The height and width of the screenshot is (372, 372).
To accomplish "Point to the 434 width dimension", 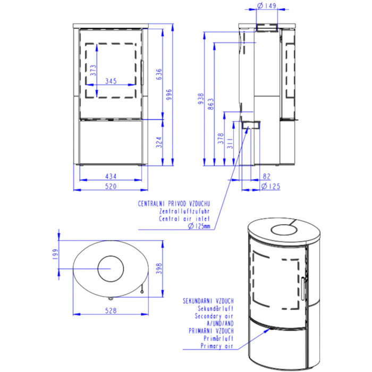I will point(111,176).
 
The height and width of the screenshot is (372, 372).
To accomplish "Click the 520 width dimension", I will point(111,187).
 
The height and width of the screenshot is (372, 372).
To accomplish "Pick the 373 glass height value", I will point(94,71).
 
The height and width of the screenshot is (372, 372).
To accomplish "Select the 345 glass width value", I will point(111,81).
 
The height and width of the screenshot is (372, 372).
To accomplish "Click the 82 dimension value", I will point(267,176).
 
